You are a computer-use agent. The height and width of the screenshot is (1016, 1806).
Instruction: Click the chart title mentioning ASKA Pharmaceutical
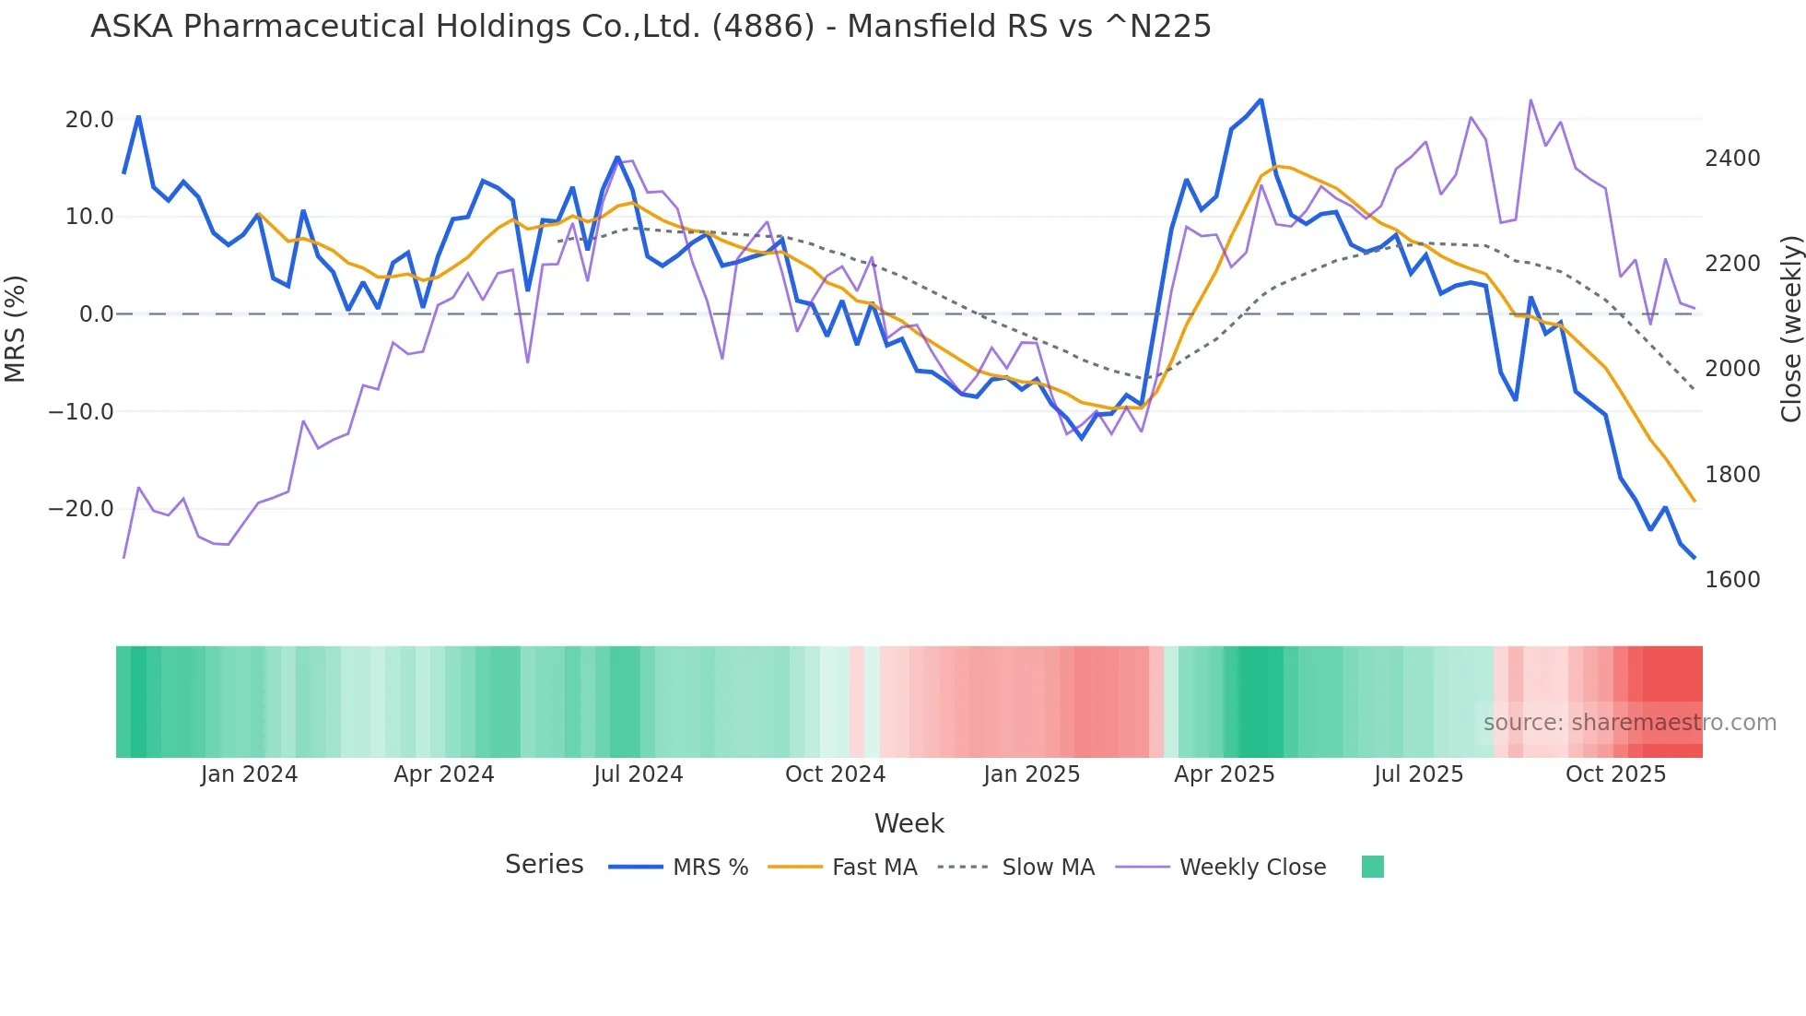(x=651, y=27)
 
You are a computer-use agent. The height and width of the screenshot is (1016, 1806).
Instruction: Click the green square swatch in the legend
(x=1372, y=867)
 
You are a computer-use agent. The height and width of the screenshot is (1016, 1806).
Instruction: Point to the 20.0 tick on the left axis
(x=89, y=120)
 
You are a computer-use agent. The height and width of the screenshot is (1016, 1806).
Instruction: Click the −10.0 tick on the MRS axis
(x=81, y=412)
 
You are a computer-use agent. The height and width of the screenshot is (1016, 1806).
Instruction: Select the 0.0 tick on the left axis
(x=96, y=314)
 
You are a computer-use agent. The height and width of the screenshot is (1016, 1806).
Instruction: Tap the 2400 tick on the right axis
(x=1732, y=159)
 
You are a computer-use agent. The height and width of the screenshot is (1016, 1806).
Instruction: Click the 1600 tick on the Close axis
(x=1732, y=580)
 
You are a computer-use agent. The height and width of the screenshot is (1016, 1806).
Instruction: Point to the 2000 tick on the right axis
(x=1732, y=369)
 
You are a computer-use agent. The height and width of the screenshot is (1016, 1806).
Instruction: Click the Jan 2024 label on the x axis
(x=249, y=774)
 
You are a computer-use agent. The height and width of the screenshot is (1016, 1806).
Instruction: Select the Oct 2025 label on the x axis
(x=1615, y=774)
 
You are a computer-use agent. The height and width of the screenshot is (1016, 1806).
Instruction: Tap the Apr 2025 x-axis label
(x=1224, y=774)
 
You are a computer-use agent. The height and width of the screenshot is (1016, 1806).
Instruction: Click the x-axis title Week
(x=909, y=823)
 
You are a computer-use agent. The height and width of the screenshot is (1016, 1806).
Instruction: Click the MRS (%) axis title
(x=16, y=328)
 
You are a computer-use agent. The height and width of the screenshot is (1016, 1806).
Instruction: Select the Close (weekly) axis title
(x=1790, y=329)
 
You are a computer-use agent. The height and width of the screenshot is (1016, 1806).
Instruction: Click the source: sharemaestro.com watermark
(x=1629, y=723)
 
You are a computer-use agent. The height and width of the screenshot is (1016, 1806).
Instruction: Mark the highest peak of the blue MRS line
(x=1261, y=100)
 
